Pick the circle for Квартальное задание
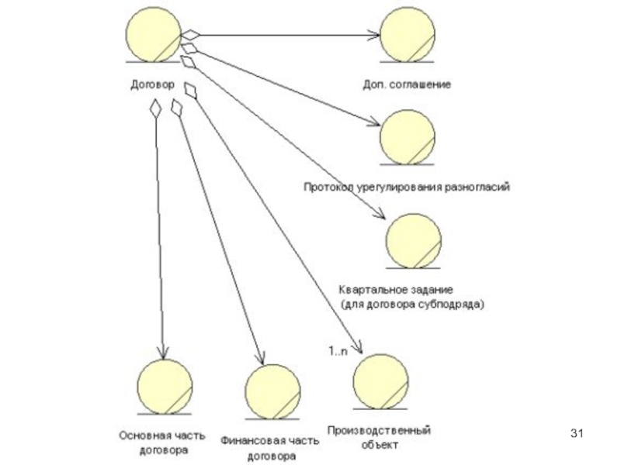414,238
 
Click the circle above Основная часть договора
165,385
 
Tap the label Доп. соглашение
407,83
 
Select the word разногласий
477,187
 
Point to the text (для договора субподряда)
412,305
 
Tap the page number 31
577,432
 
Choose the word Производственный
378,430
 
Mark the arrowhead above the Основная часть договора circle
162,350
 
